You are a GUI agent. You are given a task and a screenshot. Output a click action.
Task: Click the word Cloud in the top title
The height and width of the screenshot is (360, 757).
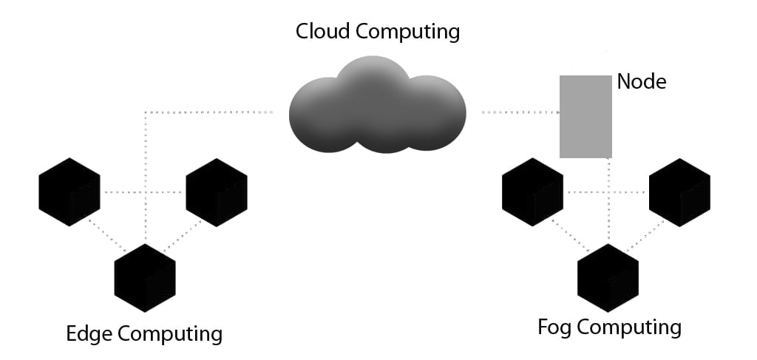click(x=322, y=32)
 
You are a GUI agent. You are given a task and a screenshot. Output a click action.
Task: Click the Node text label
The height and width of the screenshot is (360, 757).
click(x=641, y=81)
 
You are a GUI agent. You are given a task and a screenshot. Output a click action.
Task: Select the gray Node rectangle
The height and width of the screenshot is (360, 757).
click(x=585, y=116)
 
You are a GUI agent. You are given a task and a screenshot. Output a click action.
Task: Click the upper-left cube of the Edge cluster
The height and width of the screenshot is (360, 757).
click(x=69, y=191)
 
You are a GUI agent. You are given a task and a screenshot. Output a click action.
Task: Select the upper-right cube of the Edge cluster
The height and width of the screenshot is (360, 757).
click(x=217, y=191)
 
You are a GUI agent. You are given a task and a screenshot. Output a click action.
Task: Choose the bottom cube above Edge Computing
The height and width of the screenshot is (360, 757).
click(x=145, y=278)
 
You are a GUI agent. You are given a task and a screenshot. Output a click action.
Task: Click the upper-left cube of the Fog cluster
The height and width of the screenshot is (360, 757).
click(x=532, y=191)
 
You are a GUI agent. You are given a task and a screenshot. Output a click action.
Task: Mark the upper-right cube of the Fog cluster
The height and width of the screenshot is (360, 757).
click(x=679, y=191)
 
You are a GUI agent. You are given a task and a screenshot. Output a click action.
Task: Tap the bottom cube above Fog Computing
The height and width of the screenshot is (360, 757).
click(x=608, y=278)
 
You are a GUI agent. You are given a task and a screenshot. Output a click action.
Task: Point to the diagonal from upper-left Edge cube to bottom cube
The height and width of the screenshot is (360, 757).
click(x=105, y=235)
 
